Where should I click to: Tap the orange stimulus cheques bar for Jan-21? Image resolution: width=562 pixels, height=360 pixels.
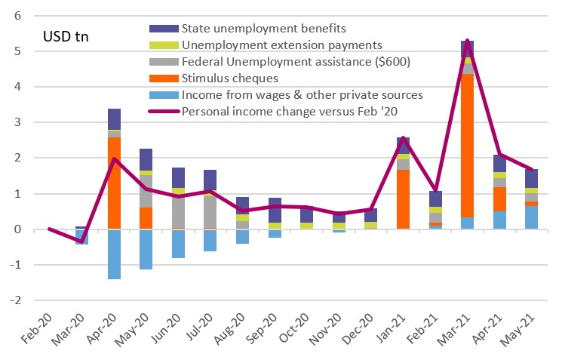coord(404,199)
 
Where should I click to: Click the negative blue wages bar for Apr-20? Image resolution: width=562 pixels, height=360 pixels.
coord(114,254)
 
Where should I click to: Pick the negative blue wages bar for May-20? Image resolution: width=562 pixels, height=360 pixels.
coord(146,249)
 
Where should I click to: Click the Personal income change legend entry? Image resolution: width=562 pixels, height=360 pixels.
coord(286,111)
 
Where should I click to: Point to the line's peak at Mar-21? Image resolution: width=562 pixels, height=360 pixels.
coord(468,40)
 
